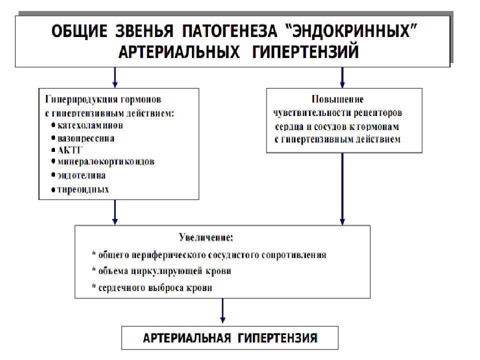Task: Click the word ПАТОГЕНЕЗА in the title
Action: (x=229, y=31)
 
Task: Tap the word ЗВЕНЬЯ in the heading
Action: (x=144, y=31)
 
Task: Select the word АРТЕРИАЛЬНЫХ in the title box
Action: (x=179, y=51)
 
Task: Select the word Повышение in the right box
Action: (x=337, y=99)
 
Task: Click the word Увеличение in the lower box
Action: (x=206, y=237)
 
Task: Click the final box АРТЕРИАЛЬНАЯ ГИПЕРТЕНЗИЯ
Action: (x=230, y=338)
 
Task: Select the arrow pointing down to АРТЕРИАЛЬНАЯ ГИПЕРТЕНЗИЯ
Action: (x=222, y=310)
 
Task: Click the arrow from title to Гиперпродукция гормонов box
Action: (x=115, y=77)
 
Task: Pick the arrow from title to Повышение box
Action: (x=342, y=77)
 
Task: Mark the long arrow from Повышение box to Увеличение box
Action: (x=342, y=189)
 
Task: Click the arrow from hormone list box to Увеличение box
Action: (x=115, y=212)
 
